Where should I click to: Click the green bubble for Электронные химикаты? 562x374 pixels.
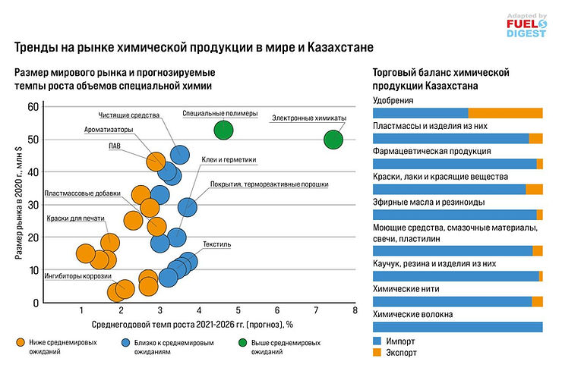point(333,140)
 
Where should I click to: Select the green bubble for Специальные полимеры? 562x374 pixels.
point(223,130)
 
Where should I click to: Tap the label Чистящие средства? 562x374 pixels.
point(129,115)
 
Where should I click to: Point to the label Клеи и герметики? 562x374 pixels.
point(230,160)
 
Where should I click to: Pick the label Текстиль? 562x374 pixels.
point(216,245)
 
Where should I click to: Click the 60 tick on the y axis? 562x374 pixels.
point(33,107)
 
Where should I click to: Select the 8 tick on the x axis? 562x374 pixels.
point(355,310)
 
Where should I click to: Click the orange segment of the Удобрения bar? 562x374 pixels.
point(505,113)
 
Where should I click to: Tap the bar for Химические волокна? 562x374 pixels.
point(457,327)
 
